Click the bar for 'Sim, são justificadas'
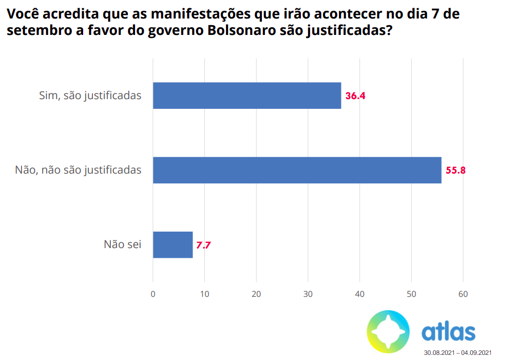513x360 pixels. [x=246, y=96]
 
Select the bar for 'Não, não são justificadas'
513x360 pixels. [x=297, y=170]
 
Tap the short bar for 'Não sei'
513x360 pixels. [x=173, y=244]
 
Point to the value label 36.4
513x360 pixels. [x=355, y=96]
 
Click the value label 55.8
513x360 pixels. [x=455, y=170]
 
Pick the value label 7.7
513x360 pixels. [x=204, y=245]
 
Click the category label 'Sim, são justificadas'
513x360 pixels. [x=90, y=96]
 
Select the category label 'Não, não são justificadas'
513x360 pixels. [x=78, y=170]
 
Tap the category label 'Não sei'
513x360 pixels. [x=122, y=244]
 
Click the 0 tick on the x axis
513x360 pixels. [x=153, y=294]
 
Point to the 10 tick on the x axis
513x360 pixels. [x=204, y=294]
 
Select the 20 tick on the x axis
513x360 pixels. [x=256, y=294]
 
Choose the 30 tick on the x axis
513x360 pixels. [x=308, y=294]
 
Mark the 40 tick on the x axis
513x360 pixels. [x=360, y=294]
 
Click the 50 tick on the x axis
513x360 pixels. [x=411, y=294]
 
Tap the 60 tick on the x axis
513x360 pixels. [x=463, y=294]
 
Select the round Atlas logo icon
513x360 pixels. [x=388, y=332]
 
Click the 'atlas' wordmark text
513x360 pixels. [x=448, y=332]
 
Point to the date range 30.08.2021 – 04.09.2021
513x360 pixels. [x=458, y=353]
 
